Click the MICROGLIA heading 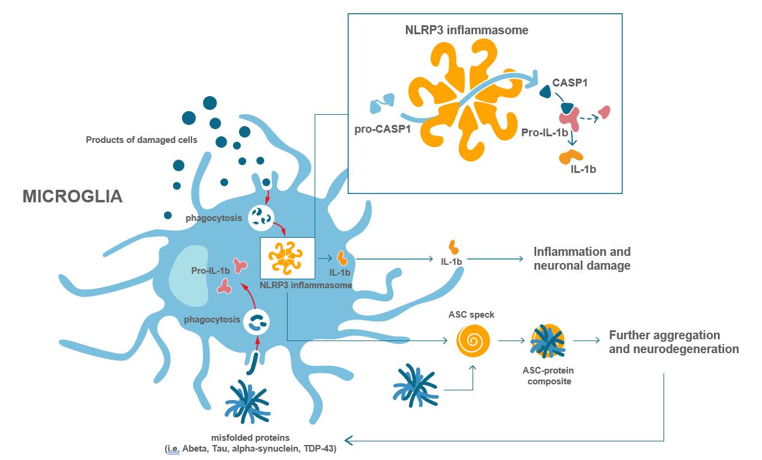(72, 196)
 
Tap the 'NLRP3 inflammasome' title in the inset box (466, 29)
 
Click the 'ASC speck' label (471, 314)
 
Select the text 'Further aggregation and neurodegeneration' (673, 342)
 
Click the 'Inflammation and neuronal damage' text (582, 259)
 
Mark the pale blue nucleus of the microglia (191, 283)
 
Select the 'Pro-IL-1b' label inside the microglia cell (211, 271)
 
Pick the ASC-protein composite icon (546, 341)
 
